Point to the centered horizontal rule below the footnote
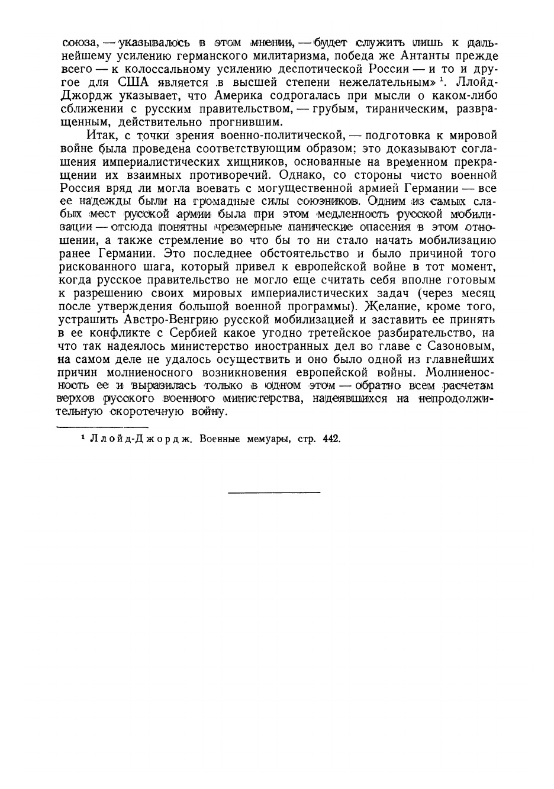[x=274, y=492]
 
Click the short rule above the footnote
[x=102, y=426]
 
